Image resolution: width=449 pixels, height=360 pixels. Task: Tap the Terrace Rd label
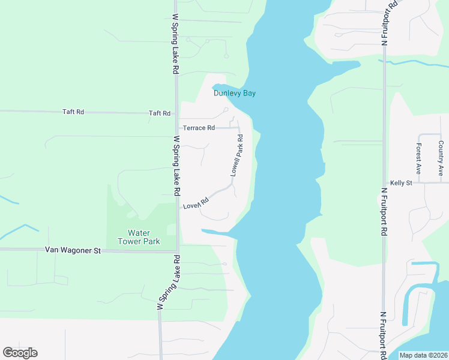coord(199,128)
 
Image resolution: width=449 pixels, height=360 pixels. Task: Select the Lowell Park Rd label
coord(237,155)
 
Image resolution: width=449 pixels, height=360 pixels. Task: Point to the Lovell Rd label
coord(196,203)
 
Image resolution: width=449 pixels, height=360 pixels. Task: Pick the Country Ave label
coord(441,158)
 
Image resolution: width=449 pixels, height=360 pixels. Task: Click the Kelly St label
coord(400,182)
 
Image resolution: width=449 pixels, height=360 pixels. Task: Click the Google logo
coord(20,353)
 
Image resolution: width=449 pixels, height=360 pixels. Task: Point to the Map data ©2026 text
coord(423,355)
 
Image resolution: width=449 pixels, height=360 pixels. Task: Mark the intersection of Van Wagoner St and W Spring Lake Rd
coord(177,251)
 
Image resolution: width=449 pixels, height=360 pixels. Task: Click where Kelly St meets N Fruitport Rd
coord(384,182)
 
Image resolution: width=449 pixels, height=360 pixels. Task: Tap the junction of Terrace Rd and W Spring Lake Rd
coord(176,128)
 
